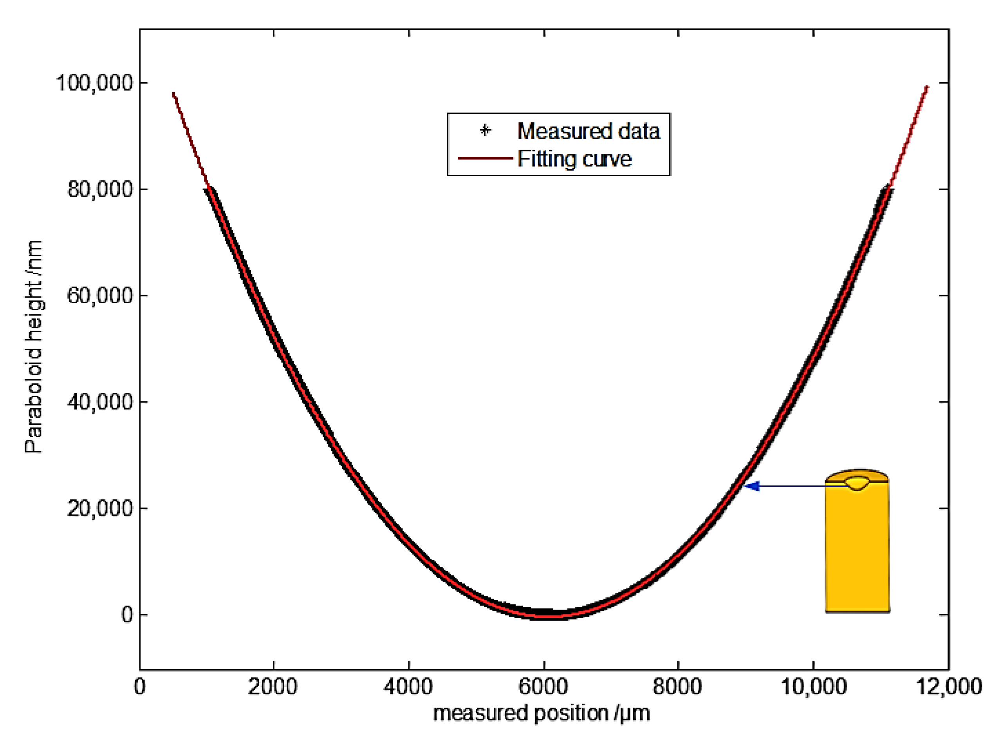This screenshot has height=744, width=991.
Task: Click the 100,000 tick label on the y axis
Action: (x=94, y=83)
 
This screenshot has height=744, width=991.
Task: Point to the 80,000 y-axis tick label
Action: (x=100, y=190)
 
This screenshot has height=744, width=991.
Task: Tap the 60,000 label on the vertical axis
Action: (x=100, y=296)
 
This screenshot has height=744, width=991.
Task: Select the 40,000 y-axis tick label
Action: (x=100, y=402)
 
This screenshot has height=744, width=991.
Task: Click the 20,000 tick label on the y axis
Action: (x=100, y=508)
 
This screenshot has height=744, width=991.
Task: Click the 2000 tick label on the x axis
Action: (x=273, y=687)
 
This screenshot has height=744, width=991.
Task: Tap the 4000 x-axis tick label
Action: (x=408, y=687)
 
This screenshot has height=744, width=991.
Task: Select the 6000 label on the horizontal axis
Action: (x=543, y=687)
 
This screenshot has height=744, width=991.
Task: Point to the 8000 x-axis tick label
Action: (x=677, y=687)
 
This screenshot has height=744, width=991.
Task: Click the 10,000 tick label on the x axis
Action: (x=814, y=687)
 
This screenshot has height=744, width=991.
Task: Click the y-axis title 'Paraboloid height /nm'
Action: (x=33, y=347)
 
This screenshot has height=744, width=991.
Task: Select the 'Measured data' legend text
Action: (x=588, y=131)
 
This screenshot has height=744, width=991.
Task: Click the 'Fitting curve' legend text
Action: (x=574, y=159)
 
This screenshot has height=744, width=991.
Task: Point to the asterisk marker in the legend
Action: (x=485, y=131)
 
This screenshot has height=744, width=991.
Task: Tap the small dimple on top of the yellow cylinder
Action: (x=857, y=483)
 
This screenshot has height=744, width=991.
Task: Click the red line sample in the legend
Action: (x=485, y=158)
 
